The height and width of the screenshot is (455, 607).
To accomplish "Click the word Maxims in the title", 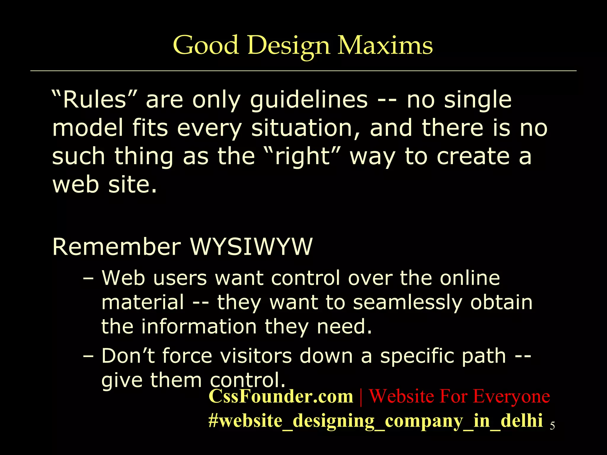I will (385, 45).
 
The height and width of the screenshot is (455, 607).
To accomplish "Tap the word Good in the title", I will (206, 45).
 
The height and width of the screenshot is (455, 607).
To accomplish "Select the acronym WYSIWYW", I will (251, 246).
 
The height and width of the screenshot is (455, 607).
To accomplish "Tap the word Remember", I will (116, 246).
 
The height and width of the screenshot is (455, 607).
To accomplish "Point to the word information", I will (199, 326).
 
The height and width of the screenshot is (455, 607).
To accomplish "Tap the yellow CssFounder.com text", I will (281, 396).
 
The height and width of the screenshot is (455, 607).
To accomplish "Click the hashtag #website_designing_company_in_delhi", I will (375, 421).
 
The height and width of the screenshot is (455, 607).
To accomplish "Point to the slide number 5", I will (552, 426).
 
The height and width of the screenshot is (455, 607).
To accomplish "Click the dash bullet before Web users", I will (88, 279).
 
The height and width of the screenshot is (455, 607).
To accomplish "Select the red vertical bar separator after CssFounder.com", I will (361, 397).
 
